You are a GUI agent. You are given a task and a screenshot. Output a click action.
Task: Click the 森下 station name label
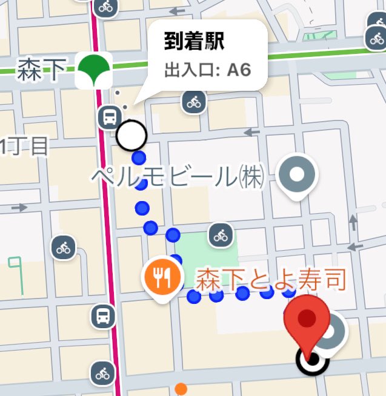[42, 70]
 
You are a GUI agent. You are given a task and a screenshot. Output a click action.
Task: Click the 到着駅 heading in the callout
[194, 42]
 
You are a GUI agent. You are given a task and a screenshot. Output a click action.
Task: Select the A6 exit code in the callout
[239, 69]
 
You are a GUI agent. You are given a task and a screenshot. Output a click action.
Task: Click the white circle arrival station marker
[131, 136]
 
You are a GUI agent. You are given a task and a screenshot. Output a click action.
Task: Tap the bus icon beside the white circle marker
[109, 116]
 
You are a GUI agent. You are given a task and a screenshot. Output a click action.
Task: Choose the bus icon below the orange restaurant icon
[103, 315]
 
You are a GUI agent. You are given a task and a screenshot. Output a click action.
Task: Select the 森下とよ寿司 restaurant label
[270, 280]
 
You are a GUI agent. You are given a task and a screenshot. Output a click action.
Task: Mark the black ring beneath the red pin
[311, 361]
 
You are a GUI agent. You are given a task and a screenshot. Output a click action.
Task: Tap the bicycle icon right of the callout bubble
[194, 102]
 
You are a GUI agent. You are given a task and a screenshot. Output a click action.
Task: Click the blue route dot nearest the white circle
[139, 159]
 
